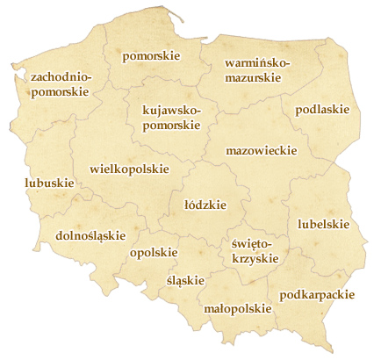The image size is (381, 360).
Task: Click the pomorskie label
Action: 151,56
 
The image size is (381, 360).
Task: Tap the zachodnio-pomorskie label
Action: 61,84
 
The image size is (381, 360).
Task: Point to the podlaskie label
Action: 322,110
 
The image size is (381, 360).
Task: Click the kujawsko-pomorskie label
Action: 171,119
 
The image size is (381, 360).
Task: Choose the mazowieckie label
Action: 260,151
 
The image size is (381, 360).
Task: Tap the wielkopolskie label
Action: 129,168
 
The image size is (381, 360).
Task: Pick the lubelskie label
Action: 323,224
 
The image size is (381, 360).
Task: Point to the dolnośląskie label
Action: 90,235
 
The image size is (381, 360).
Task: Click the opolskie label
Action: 153,253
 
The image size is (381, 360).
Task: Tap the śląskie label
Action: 184,280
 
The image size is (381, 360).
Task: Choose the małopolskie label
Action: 236,308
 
